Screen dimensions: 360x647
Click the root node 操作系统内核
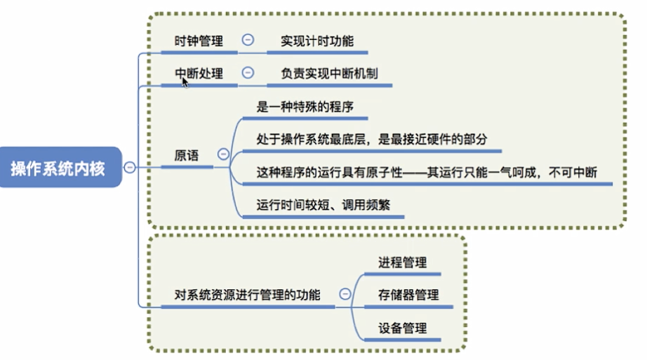point(58,168)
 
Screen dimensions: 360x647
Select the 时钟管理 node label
point(199,41)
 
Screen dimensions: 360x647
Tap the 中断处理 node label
point(199,73)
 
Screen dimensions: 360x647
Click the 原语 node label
point(186,155)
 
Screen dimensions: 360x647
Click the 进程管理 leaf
point(402,262)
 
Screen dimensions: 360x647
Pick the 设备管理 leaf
point(402,328)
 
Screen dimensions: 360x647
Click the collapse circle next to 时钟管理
point(248,40)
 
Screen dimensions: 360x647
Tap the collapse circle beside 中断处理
point(248,72)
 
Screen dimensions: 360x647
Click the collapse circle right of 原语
point(223,154)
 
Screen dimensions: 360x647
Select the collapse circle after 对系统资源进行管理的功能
point(345,295)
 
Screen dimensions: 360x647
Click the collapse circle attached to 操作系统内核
point(129,167)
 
